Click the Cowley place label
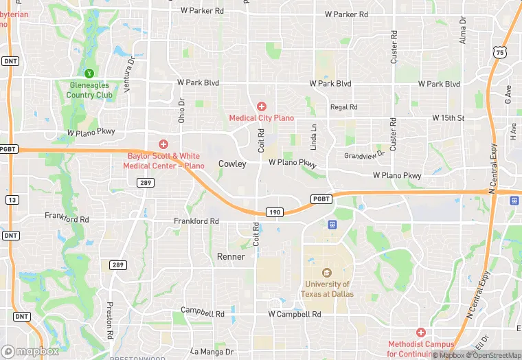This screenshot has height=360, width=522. tap(232, 164)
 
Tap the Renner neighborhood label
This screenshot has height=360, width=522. tap(231, 256)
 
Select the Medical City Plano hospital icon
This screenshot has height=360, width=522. tap(261, 106)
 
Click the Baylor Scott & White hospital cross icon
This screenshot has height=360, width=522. tap(163, 144)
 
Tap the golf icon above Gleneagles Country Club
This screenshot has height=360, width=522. tap(89, 73)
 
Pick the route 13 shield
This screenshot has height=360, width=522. tap(11, 199)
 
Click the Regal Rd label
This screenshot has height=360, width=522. tap(343, 107)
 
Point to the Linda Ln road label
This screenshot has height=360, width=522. tap(314, 137)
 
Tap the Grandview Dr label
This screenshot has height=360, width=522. tap(365, 155)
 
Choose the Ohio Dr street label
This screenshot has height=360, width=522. tap(182, 111)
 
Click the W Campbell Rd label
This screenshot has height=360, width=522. tap(295, 314)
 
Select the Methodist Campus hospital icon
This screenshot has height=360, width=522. tap(420, 333)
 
